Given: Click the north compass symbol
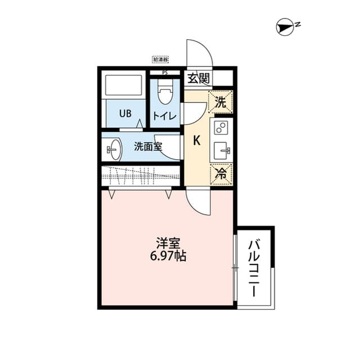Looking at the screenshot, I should point(285,26).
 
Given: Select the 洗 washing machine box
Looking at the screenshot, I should point(221,102).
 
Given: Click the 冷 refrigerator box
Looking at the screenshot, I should point(221,174).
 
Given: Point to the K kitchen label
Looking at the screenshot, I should point(197,141).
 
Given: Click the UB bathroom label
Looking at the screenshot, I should point(125,112).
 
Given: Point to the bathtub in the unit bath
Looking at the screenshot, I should point(123,85).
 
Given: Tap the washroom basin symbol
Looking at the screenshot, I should point(113,150).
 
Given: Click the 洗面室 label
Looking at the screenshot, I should point(147,146).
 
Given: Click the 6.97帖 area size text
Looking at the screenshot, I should point(168,256).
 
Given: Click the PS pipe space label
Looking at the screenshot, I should point(164,73).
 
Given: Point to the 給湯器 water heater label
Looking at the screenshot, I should point(160,59).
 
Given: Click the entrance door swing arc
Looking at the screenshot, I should point(200,52).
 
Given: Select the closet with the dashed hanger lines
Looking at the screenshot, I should point(141,176).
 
